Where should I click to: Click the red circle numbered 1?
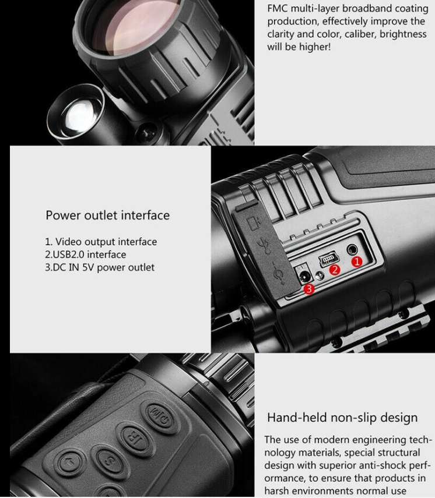(x=357, y=262)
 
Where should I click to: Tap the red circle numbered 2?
(x=335, y=270)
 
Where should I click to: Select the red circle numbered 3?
(x=309, y=289)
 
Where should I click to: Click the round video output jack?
(x=352, y=250)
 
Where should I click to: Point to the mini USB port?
(x=328, y=259)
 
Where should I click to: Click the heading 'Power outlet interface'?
(x=107, y=216)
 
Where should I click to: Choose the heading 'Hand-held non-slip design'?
(x=342, y=418)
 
